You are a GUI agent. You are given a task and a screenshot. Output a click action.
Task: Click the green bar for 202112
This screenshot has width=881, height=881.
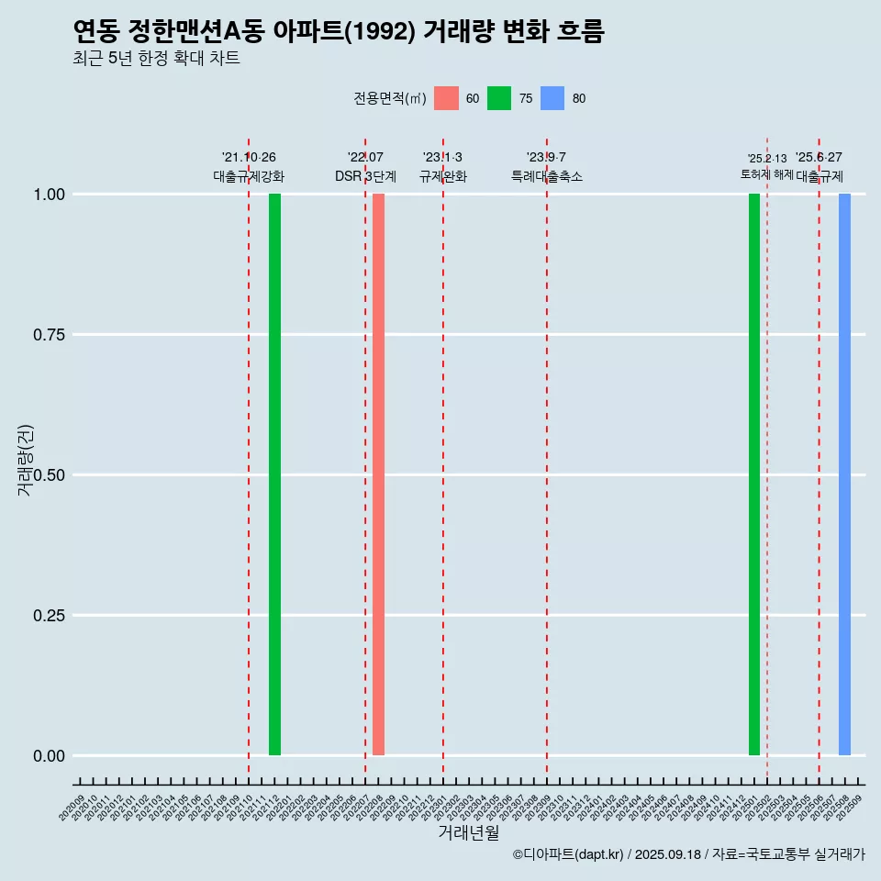tap(274, 474)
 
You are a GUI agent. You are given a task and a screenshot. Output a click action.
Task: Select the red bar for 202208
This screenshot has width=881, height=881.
tap(378, 474)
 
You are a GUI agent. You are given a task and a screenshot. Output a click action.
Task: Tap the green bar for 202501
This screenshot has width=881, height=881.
tap(754, 474)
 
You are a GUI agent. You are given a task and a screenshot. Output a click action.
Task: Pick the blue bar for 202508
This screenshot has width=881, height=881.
tap(844, 474)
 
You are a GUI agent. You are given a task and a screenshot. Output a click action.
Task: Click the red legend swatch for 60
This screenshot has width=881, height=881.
tap(446, 98)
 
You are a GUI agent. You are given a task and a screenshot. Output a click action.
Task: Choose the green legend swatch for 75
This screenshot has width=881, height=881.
tap(499, 98)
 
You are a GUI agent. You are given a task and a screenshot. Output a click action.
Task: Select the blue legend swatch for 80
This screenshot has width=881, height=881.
tap(552, 98)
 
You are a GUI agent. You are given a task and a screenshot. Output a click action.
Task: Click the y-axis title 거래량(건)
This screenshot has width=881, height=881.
tap(26, 460)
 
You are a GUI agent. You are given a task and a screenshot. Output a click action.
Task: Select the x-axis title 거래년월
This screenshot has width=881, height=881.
tap(469, 833)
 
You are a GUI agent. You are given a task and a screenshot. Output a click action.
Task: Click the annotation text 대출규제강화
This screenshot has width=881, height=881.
tap(249, 176)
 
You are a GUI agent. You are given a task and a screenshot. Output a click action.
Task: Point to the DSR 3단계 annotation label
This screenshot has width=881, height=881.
tap(365, 176)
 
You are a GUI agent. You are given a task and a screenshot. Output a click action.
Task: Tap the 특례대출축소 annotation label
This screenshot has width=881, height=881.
tap(547, 176)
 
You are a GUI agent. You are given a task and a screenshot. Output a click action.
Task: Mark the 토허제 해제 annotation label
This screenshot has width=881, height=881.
tap(767, 174)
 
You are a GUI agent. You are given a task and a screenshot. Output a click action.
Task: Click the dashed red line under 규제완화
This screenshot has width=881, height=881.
tap(443, 459)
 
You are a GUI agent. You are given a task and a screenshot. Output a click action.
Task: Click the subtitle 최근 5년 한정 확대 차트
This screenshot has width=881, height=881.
tap(156, 59)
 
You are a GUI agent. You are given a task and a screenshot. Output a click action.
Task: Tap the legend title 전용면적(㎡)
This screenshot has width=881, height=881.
tap(390, 99)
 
